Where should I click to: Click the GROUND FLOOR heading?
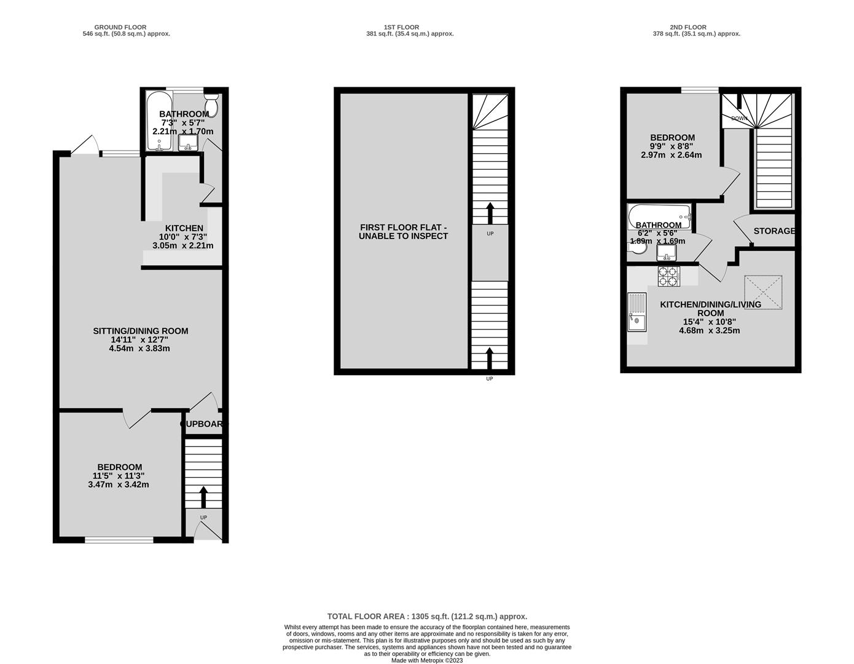tap(120, 27)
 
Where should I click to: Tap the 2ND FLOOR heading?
tap(688, 27)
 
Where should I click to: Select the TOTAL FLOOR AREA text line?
tap(427, 617)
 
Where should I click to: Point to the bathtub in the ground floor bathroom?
tap(159, 121)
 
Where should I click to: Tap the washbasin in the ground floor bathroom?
tap(187, 143)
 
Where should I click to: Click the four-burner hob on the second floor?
tap(669, 276)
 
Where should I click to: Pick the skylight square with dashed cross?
tap(763, 292)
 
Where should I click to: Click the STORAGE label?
tap(774, 231)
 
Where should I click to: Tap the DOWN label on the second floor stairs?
tap(739, 118)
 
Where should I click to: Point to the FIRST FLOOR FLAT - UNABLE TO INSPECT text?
tap(403, 232)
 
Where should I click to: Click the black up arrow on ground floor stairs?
tap(203, 497)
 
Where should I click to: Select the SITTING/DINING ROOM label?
tap(140, 331)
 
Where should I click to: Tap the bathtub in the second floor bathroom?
tap(659, 216)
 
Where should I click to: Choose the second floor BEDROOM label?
tap(672, 138)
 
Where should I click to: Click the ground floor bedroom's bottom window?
tap(119, 540)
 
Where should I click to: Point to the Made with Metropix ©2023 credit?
tap(427, 660)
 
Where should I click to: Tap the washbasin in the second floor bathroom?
tap(666, 253)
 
